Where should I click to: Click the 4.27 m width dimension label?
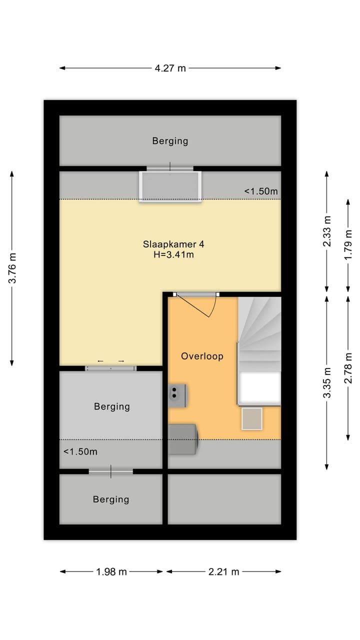click(170, 68)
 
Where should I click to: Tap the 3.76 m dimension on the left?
click(12, 268)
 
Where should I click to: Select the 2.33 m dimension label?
click(327, 231)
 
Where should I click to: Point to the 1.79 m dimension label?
click(348, 245)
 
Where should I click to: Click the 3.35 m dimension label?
click(327, 382)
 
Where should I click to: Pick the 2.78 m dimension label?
click(348, 368)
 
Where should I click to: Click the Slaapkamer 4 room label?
click(173, 244)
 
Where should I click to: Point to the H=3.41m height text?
click(173, 254)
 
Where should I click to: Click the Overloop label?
click(202, 356)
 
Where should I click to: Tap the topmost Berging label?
click(170, 141)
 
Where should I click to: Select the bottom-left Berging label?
click(111, 499)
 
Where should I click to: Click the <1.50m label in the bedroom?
click(261, 191)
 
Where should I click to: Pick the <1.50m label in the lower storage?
click(80, 451)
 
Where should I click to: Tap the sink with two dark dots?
click(177, 395)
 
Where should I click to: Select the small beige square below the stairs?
click(252, 418)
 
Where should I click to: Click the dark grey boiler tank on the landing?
click(182, 439)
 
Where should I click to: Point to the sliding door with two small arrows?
click(111, 368)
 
